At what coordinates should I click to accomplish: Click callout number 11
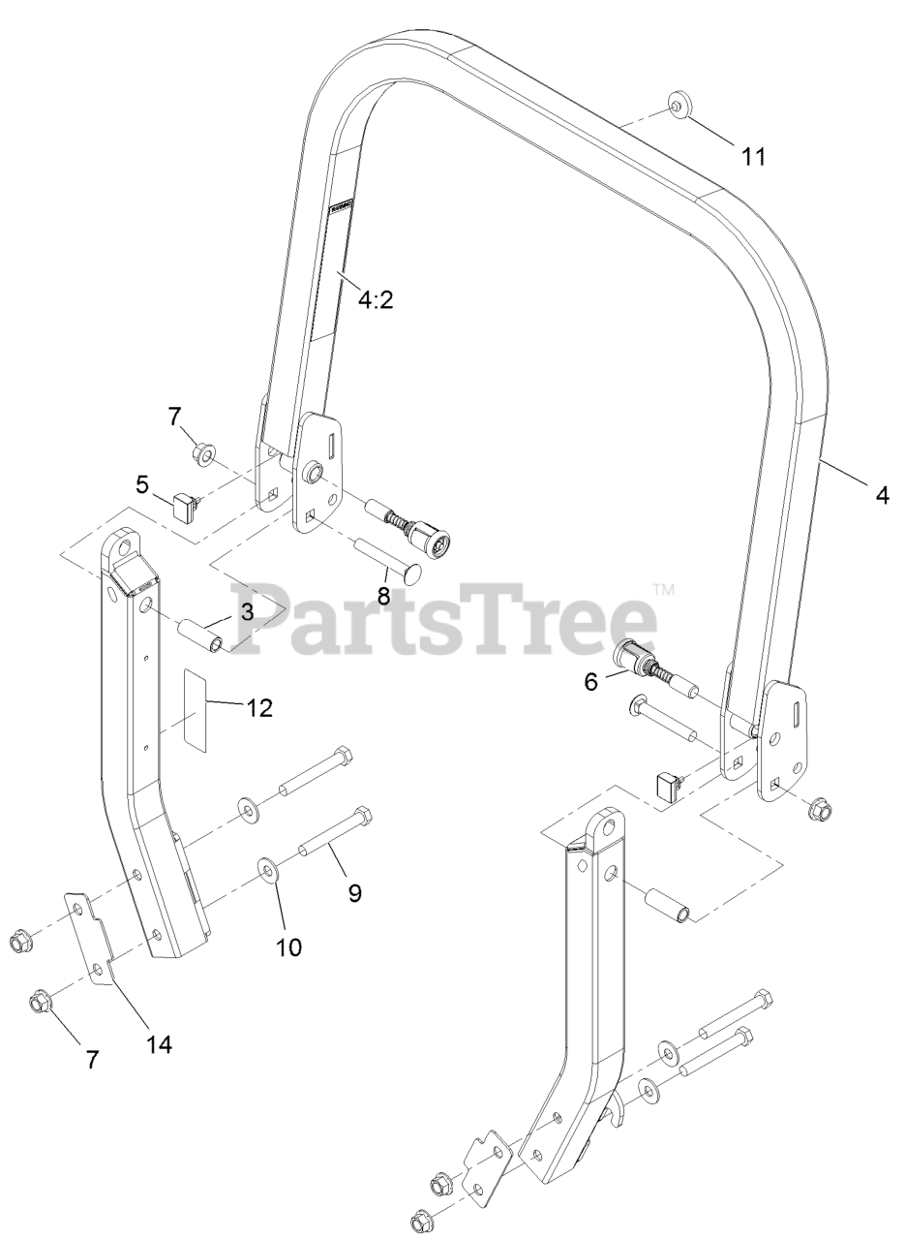tap(753, 155)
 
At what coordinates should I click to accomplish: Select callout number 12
tap(258, 707)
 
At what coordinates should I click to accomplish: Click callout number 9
tap(354, 891)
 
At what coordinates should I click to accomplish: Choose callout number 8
tap(383, 596)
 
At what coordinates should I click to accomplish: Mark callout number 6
tap(590, 681)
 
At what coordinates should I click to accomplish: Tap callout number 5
tap(142, 481)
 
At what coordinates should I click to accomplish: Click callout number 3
tap(247, 611)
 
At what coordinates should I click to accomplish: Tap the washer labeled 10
tap(268, 867)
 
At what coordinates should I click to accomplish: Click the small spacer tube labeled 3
tap(202, 631)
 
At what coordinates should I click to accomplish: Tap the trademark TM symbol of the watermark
tap(663, 588)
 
